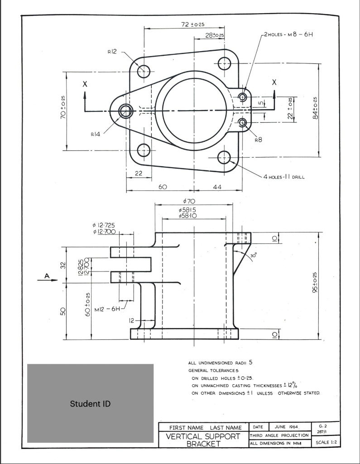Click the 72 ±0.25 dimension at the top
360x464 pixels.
pyautogui.click(x=192, y=24)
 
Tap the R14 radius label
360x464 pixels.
pyautogui.click(x=96, y=134)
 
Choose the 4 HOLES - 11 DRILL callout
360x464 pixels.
pyautogui.click(x=283, y=177)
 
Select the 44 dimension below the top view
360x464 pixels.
pyautogui.click(x=217, y=187)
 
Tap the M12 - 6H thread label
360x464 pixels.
pyautogui.click(x=107, y=309)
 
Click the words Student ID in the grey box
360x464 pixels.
pyautogui.click(x=90, y=404)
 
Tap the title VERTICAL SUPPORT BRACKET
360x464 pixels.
pyautogui.click(x=203, y=440)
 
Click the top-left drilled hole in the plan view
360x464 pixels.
pyautogui.click(x=144, y=71)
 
